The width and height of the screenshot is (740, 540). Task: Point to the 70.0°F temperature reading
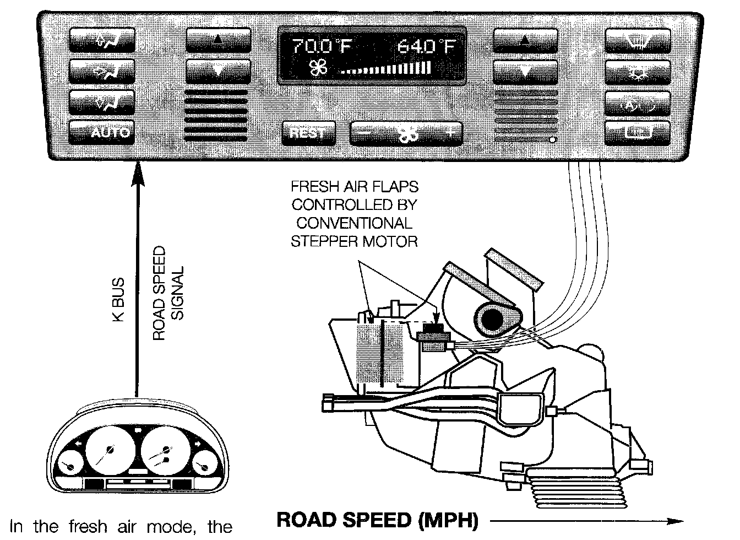point(321,47)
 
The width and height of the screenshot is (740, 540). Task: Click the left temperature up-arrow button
point(219,40)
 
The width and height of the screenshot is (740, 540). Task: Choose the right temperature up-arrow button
point(525,40)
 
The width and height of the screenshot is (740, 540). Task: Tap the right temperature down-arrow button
point(525,71)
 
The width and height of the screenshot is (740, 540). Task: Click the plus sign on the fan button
point(450,133)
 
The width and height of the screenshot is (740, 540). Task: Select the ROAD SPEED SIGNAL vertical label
point(167,300)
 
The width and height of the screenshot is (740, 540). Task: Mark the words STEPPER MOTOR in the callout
point(354,241)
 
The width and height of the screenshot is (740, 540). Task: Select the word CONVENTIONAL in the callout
point(354,223)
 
